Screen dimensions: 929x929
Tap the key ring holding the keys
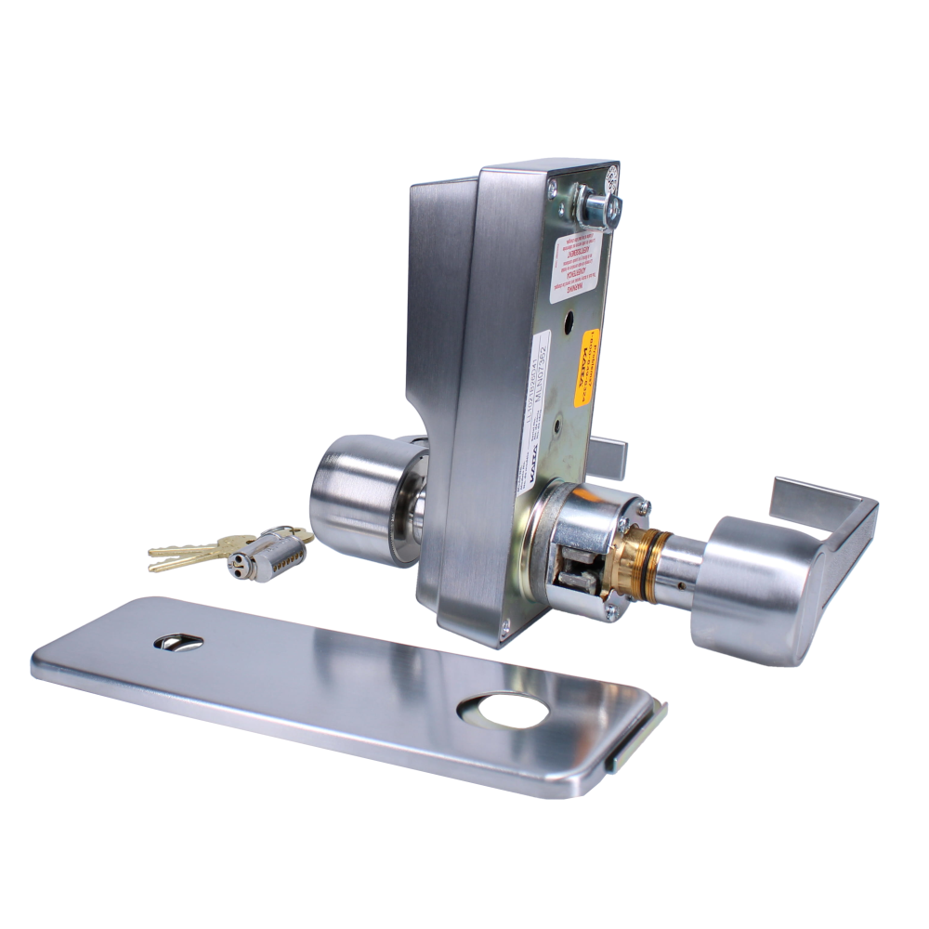(x=294, y=536)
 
